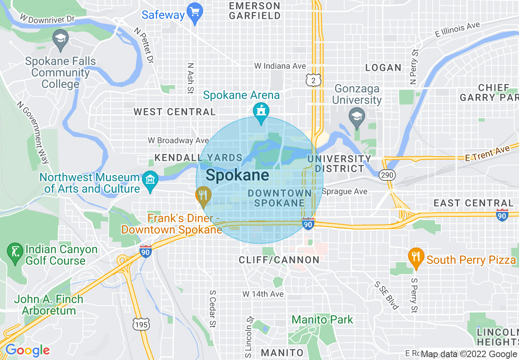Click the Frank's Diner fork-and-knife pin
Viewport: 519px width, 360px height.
coord(203,195)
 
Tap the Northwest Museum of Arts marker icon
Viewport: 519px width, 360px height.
coord(150,180)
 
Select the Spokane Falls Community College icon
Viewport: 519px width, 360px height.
coord(61,40)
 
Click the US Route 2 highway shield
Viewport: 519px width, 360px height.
coord(313,81)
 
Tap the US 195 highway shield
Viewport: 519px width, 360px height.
coord(141,324)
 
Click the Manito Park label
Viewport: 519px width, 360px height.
coord(322,319)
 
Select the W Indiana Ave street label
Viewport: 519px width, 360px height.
coord(280,66)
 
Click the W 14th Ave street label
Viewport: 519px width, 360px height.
coord(263,294)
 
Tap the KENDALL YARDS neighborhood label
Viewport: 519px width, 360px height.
coord(199,158)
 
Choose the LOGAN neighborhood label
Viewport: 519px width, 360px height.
coord(383,68)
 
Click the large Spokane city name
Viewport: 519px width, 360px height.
coord(237,175)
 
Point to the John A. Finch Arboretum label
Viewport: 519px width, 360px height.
coord(49,305)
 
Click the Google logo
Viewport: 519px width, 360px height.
coord(27,351)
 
